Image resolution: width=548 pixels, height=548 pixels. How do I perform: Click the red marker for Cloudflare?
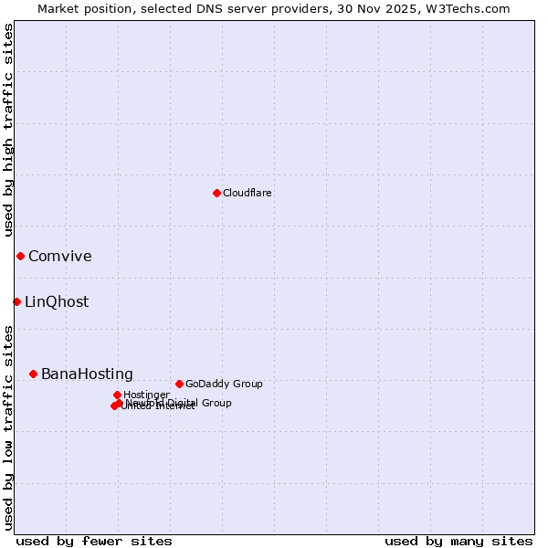(216, 193)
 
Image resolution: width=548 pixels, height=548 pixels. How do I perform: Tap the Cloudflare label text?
(248, 194)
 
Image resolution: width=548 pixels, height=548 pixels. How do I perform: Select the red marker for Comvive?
(20, 256)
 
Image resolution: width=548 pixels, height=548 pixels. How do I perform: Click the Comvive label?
(60, 257)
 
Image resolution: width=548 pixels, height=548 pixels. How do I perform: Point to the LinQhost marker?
(16, 301)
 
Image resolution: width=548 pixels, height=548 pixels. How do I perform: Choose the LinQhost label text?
(57, 302)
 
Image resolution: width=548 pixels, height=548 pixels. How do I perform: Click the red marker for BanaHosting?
(33, 374)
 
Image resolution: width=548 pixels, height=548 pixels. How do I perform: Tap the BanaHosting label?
(87, 374)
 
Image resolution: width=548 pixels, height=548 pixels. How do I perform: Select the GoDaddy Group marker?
(179, 384)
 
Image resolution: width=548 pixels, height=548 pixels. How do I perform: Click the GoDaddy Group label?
(224, 385)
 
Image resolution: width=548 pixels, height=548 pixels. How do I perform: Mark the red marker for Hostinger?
(117, 395)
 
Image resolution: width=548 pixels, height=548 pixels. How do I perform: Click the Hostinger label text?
(146, 395)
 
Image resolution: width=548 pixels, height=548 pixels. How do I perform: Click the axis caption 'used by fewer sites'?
(94, 542)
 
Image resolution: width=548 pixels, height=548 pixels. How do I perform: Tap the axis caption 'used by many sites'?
(458, 542)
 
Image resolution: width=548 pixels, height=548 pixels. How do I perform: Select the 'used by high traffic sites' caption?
(9, 130)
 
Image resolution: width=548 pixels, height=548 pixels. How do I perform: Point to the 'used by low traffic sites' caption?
(9, 427)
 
